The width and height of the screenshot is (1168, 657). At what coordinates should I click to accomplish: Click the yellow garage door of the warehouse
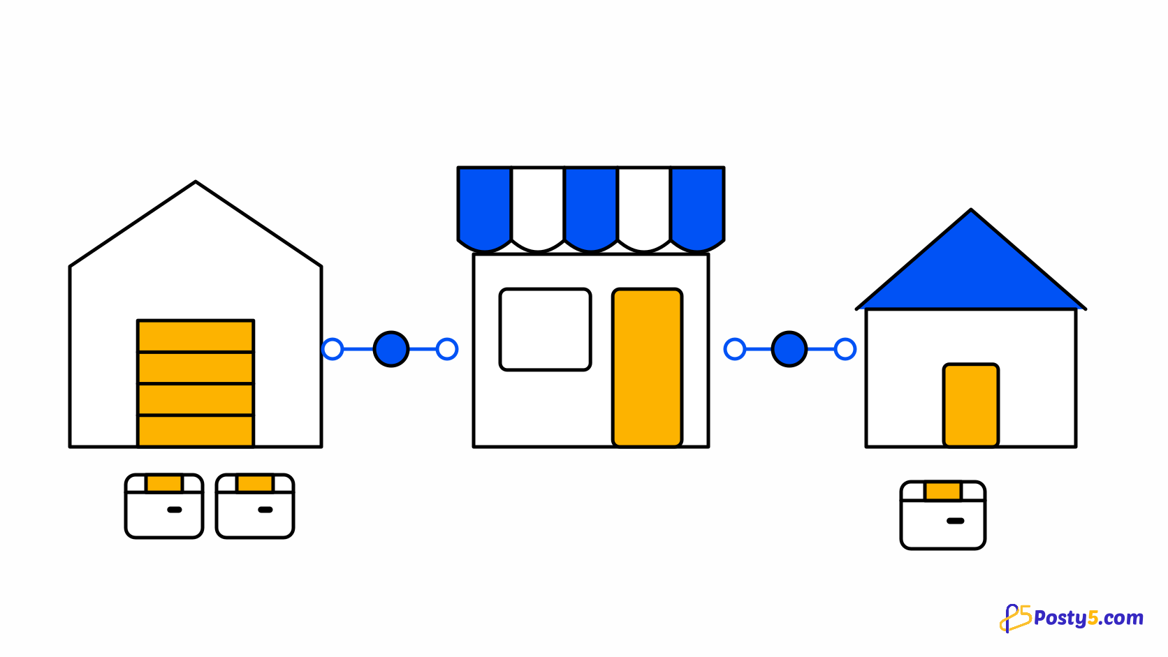click(196, 383)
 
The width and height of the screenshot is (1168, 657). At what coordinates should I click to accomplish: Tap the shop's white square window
click(545, 330)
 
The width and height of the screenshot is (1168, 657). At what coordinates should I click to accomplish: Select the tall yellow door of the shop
click(647, 367)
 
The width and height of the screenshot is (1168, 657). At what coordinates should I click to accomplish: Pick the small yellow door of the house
click(971, 405)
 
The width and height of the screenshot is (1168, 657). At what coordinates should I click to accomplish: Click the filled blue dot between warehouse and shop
click(391, 349)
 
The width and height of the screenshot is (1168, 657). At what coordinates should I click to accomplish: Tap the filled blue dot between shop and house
click(789, 349)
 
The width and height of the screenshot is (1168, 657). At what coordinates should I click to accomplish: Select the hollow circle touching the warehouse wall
click(333, 349)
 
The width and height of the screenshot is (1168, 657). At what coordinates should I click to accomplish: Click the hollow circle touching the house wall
click(845, 349)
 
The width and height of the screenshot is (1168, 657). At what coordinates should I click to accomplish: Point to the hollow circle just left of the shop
click(447, 349)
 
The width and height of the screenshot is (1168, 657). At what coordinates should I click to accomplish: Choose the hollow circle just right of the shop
click(735, 349)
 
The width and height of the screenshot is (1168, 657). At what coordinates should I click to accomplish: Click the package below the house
click(943, 515)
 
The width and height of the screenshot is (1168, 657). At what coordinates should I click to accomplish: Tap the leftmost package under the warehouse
click(163, 506)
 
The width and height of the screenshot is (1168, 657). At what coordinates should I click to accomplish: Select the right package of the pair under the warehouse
click(255, 506)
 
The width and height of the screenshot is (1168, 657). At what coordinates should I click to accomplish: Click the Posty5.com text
click(1089, 619)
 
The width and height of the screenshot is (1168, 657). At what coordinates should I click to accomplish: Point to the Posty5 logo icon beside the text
click(1016, 619)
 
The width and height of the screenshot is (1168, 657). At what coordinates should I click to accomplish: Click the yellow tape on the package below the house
click(943, 491)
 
